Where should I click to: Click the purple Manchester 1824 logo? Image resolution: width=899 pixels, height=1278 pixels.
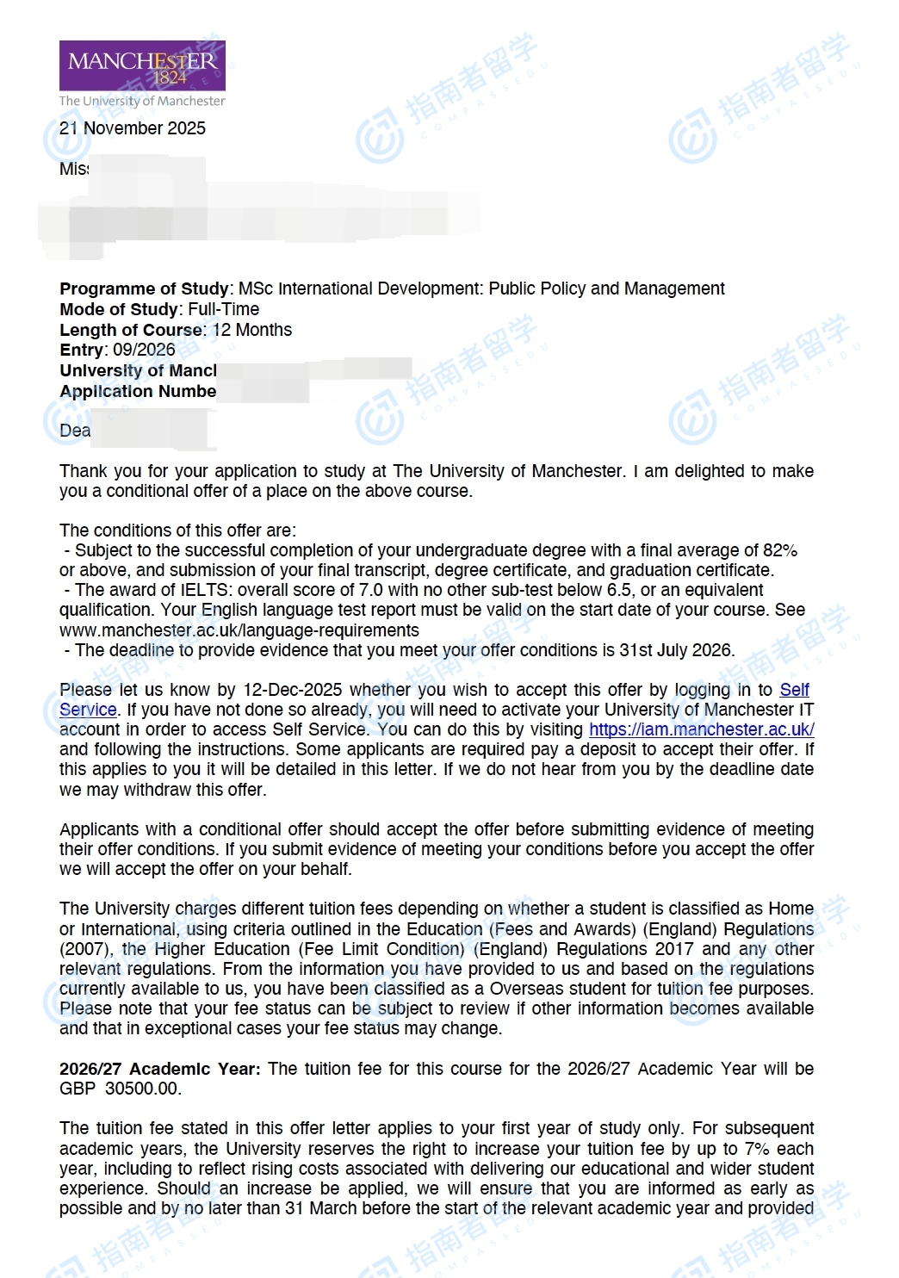[142, 65]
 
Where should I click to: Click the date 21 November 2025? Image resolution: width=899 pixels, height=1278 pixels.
[133, 128]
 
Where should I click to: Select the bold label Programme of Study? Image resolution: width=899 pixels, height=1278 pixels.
[144, 288]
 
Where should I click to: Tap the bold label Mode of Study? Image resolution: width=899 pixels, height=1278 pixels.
[119, 309]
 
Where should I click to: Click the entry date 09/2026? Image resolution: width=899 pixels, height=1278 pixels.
[144, 350]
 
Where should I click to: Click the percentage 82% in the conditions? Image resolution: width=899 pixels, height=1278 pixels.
[780, 550]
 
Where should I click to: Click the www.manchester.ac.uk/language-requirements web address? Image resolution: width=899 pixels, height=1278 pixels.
[239, 630]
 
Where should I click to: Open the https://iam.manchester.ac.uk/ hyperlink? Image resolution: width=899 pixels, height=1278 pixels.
[701, 729]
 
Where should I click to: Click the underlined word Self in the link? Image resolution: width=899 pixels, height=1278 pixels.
[794, 690]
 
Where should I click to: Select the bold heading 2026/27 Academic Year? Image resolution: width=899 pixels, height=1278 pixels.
[159, 1069]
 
